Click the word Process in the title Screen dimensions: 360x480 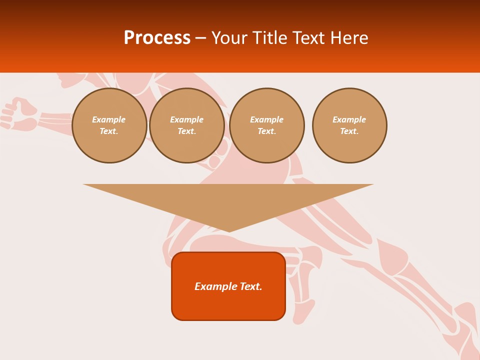[157, 38]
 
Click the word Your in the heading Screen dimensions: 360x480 [229, 38]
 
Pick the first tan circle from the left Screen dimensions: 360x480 [109, 125]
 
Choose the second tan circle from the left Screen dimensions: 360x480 [187, 125]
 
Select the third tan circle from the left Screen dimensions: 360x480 [267, 125]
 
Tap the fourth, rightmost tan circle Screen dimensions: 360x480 [349, 125]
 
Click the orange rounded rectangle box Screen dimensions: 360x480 [228, 286]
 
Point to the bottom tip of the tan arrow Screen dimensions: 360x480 [229, 231]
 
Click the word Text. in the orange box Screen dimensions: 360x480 [251, 286]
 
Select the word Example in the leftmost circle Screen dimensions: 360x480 [109, 119]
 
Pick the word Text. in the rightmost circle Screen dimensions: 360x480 [349, 131]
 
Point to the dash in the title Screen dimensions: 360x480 [200, 38]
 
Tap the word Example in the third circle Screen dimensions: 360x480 [267, 119]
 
